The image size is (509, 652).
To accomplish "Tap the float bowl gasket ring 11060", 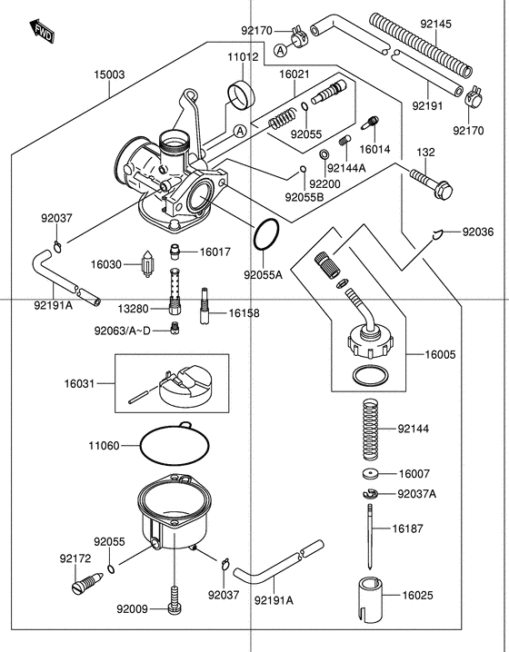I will (179, 445).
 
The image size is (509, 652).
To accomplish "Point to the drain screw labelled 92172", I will (83, 581).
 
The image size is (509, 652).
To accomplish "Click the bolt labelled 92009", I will (175, 600).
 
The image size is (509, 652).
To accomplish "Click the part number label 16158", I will (244, 312).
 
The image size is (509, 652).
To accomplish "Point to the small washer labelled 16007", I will (369, 475).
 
